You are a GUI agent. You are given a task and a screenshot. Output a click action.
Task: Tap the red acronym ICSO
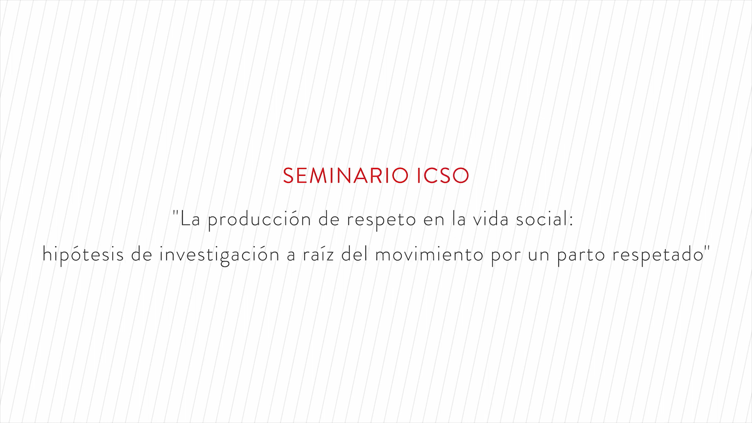(443, 175)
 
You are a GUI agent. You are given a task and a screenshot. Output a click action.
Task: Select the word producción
(259, 219)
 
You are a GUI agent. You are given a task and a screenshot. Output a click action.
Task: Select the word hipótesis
(83, 255)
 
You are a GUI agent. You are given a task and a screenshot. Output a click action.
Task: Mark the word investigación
(219, 255)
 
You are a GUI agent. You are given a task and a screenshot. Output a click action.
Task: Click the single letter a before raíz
(291, 256)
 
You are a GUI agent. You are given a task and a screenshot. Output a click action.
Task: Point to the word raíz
(318, 255)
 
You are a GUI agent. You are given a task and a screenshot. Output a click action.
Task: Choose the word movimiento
(429, 255)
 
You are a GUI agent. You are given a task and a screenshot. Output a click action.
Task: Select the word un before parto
(539, 256)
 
